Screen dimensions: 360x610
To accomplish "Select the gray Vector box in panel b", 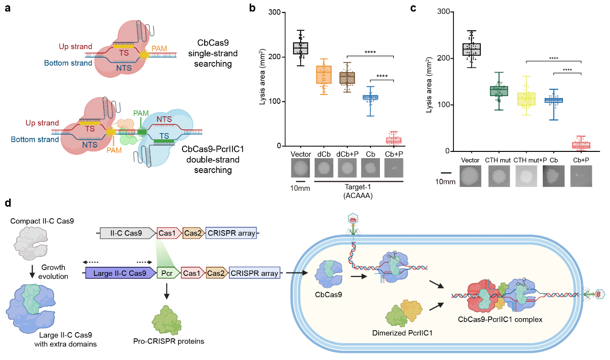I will pos(301,48).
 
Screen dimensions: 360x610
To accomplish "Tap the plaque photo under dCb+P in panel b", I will pos(347,169).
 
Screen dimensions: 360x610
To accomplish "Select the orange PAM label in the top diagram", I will pos(160,48).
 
